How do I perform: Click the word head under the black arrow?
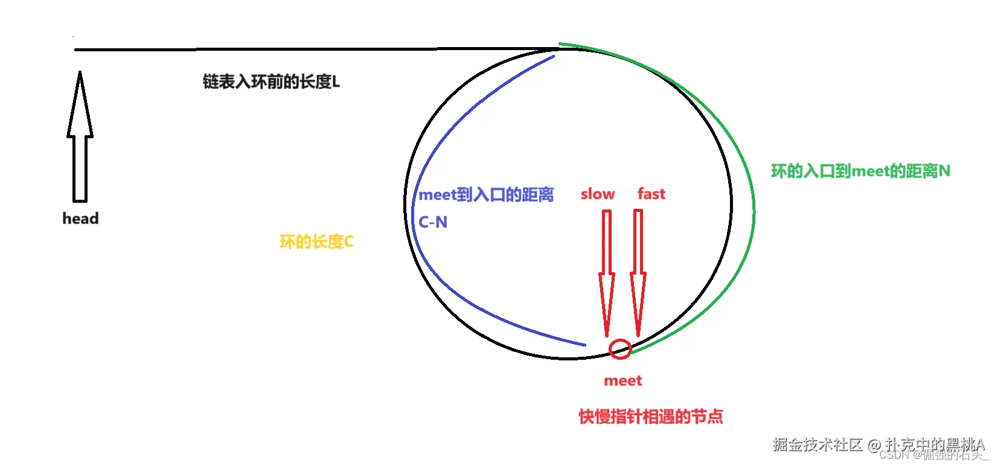point(80,219)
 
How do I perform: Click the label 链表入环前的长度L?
point(271,81)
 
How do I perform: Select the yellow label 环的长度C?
point(316,242)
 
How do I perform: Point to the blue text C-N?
point(433,222)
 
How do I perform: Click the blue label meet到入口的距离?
point(486,194)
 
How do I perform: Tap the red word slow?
point(597,194)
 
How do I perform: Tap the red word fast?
point(651,194)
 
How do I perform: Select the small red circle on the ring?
point(620,349)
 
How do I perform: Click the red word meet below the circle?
point(623,381)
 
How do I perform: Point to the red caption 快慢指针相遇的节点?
point(650,417)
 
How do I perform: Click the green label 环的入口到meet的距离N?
point(860,171)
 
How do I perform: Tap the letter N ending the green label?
point(944,171)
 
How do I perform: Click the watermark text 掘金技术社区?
point(817,445)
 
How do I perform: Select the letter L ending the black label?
point(336,82)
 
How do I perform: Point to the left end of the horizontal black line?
point(76,50)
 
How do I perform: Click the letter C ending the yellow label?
point(348,242)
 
